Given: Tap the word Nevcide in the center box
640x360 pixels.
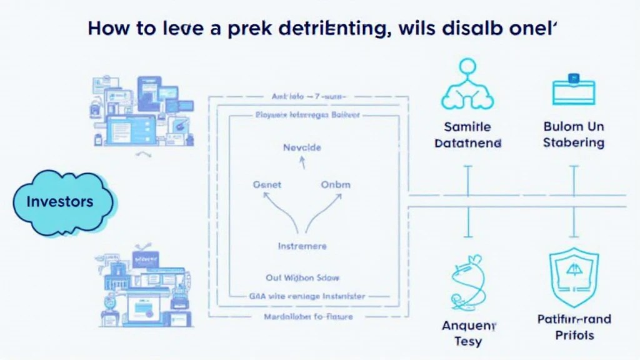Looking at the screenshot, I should click(302, 148).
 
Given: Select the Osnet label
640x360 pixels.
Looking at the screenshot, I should click(267, 185).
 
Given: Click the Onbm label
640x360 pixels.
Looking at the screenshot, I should click(336, 185).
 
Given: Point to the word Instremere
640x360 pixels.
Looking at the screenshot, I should click(302, 246).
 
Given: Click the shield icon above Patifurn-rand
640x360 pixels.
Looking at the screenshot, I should click(573, 278).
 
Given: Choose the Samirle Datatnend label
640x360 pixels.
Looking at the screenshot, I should click(468, 134).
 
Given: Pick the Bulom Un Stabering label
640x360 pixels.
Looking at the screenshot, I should click(573, 134).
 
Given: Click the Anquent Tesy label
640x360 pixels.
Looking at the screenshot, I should click(468, 333).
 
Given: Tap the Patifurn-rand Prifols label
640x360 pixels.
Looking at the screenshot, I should click(574, 327).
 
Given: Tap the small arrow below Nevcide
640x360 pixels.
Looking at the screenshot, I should click(302, 163).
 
